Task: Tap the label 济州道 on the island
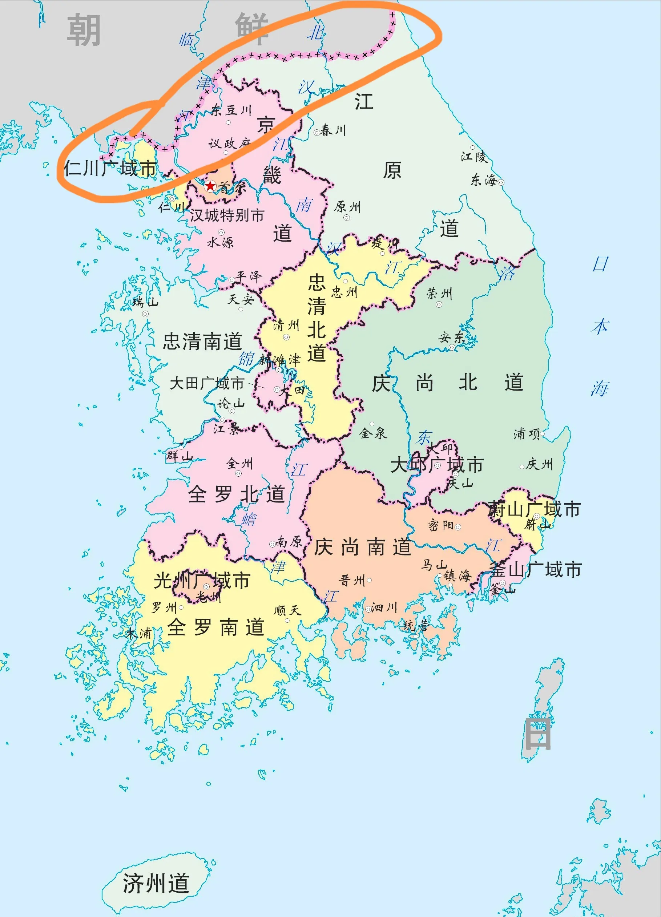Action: (x=156, y=883)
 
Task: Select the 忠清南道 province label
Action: (x=202, y=341)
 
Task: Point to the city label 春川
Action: (x=333, y=130)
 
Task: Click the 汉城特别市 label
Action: (x=227, y=215)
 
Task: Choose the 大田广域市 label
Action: (x=207, y=383)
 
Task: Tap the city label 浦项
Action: (x=527, y=434)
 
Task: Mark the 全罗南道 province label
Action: (x=216, y=627)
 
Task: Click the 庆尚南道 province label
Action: (x=363, y=547)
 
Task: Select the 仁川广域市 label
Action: (x=110, y=168)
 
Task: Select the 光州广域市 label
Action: (x=202, y=581)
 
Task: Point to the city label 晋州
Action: (x=352, y=581)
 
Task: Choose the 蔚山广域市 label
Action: (x=534, y=509)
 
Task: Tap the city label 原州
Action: (x=347, y=207)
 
